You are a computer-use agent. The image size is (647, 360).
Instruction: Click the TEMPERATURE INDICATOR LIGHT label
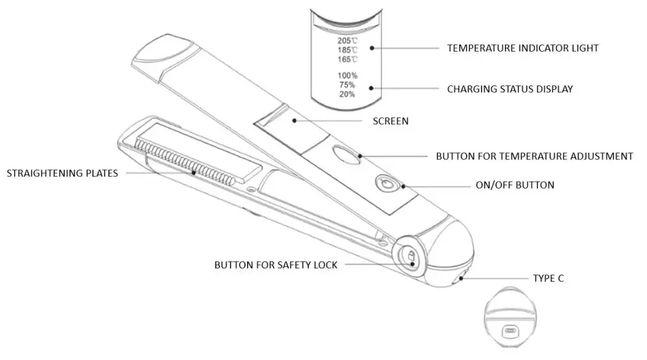tap(522, 48)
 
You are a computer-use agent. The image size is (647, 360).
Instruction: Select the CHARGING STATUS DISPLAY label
tap(509, 89)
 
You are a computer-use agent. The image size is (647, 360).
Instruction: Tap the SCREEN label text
tap(390, 121)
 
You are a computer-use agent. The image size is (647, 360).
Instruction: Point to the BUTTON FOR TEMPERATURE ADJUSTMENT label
tap(534, 156)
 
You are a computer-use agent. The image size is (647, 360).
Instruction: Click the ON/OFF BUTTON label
tap(515, 185)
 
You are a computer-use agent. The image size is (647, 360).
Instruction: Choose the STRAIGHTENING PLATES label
tap(62, 173)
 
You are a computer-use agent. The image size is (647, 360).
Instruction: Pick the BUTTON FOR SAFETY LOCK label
tap(276, 265)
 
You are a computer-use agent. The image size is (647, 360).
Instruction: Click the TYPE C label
tap(548, 278)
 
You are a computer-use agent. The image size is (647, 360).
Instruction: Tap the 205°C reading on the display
tap(347, 40)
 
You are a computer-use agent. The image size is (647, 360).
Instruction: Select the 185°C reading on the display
tap(347, 50)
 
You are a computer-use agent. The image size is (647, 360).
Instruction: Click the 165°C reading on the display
tap(347, 59)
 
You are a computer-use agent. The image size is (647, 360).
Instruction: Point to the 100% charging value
tap(347, 75)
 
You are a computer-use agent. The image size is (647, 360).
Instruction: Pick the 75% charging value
tap(347, 85)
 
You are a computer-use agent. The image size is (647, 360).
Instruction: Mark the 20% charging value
tap(347, 94)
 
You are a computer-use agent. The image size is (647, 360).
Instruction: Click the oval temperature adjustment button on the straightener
tap(345, 155)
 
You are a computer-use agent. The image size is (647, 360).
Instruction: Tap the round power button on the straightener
tap(385, 184)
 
